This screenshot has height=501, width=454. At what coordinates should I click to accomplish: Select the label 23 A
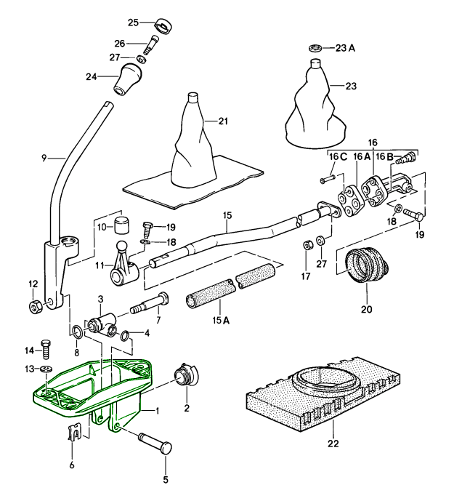346,49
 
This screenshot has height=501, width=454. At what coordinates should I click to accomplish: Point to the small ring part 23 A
315,48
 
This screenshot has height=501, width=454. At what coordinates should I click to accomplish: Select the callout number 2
187,408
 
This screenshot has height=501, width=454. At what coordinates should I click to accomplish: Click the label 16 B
384,156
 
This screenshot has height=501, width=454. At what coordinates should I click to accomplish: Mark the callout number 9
44,156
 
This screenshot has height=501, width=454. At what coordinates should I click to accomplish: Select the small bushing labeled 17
308,243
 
